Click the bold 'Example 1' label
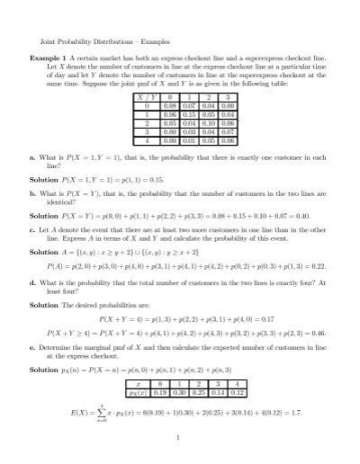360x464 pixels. coord(50,57)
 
